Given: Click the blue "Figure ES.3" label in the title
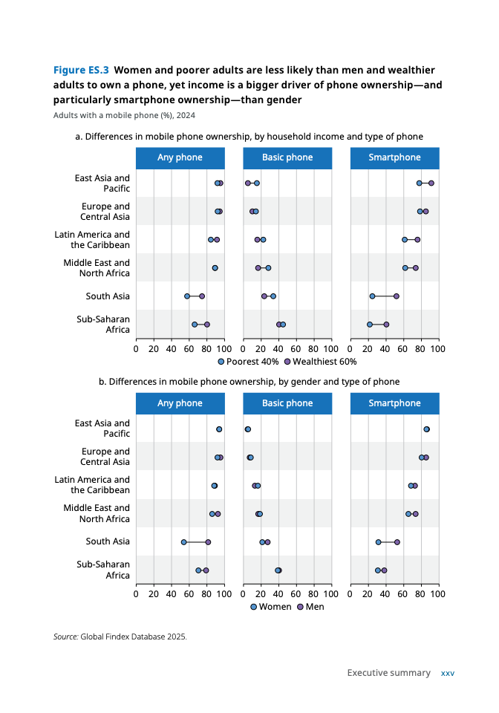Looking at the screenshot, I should pyautogui.click(x=81, y=71).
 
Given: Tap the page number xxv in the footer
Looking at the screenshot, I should pyautogui.click(x=448, y=673).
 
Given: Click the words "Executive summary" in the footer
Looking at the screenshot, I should pyautogui.click(x=388, y=673).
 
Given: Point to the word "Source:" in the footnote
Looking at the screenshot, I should pyautogui.click(x=65, y=637).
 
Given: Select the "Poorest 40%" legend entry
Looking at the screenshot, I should pyautogui.click(x=249, y=362).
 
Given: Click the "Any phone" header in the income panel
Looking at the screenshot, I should pyautogui.click(x=180, y=157).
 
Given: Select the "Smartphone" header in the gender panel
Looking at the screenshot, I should pyautogui.click(x=394, y=403).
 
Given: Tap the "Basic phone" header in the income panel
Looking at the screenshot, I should pyautogui.click(x=287, y=157).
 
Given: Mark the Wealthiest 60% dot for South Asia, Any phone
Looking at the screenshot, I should pyautogui.click(x=202, y=296).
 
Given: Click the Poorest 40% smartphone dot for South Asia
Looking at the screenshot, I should pyautogui.click(x=373, y=296).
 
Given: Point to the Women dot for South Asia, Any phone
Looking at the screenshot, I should pyautogui.click(x=183, y=542).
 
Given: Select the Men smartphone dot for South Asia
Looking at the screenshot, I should pyautogui.click(x=397, y=542).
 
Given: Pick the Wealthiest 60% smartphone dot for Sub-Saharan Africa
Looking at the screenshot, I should pyautogui.click(x=386, y=325).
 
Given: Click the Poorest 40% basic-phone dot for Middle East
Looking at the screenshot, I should pyautogui.click(x=268, y=268).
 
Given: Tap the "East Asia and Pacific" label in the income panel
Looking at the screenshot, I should pyautogui.click(x=102, y=183).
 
